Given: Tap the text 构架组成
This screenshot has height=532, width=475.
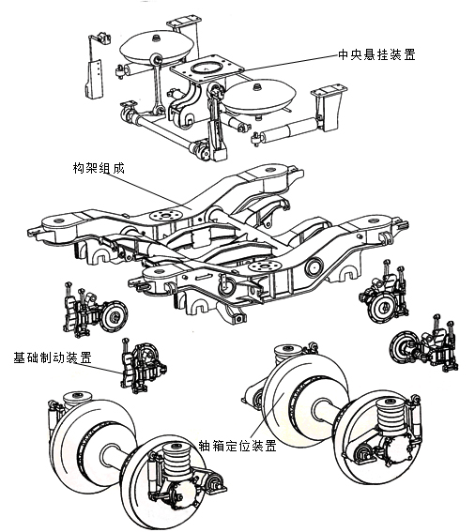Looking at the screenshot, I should click(x=100, y=169).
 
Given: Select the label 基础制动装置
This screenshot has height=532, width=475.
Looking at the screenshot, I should click(x=52, y=357).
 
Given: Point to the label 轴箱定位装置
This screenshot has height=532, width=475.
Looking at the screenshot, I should click(x=237, y=447).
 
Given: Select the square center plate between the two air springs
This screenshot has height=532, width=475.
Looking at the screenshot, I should click(x=204, y=71).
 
